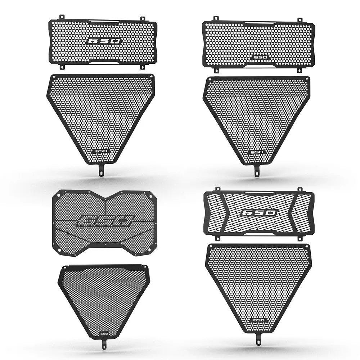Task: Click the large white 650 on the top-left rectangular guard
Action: [x=104, y=41]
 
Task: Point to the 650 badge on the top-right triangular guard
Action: [x=257, y=152]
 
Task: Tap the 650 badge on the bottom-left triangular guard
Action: [x=104, y=333]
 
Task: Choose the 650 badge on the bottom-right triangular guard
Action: [x=258, y=320]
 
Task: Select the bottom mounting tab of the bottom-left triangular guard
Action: [x=104, y=346]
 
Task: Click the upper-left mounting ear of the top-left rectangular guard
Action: [x=62, y=17]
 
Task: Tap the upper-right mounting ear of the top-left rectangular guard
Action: [x=143, y=18]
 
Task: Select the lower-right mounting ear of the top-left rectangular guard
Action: [x=143, y=67]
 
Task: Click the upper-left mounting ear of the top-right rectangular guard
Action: [x=216, y=18]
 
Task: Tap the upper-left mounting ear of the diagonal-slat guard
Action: [x=217, y=189]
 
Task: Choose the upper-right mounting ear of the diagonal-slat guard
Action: [x=299, y=189]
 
